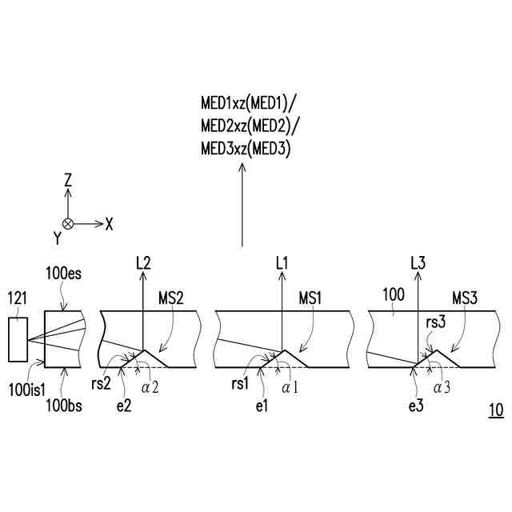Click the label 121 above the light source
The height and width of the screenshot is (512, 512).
click(x=18, y=298)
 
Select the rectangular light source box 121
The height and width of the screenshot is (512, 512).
click(x=18, y=342)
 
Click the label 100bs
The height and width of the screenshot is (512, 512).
click(x=63, y=406)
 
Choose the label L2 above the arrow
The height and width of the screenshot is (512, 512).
click(x=143, y=262)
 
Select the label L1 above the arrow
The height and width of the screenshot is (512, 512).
click(x=281, y=262)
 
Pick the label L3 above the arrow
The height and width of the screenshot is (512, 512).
click(x=417, y=262)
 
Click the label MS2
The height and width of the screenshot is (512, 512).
click(x=171, y=298)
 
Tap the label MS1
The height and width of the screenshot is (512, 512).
click(x=310, y=298)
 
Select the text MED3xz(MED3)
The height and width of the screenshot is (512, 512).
click(x=245, y=148)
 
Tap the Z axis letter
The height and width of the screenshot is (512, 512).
click(x=68, y=181)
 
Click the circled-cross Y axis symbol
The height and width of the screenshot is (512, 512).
click(x=68, y=224)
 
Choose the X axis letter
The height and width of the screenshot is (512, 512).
click(x=109, y=225)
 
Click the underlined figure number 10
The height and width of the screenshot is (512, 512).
click(x=495, y=410)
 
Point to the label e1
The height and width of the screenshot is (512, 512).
click(x=262, y=407)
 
